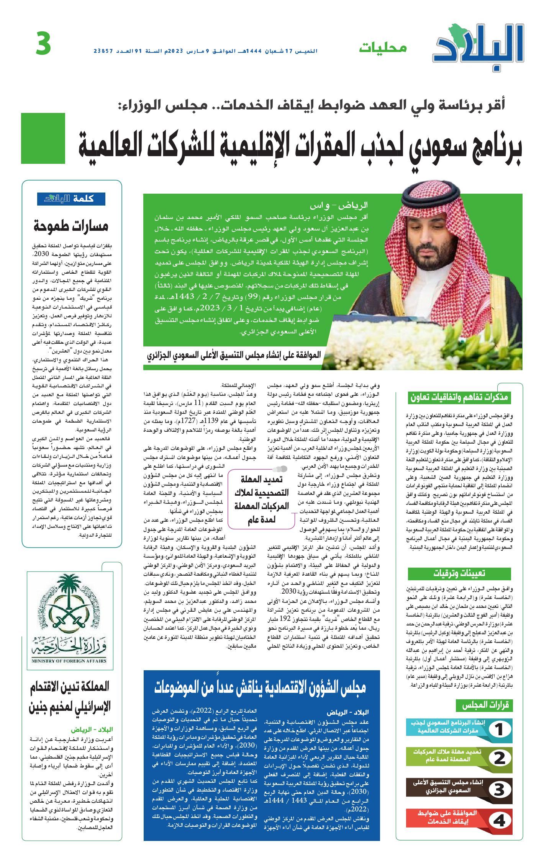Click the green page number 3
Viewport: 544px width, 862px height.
pos(43,44)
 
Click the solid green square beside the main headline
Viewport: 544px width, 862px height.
pos(43,138)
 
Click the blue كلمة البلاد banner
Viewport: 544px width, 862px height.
pos(71,199)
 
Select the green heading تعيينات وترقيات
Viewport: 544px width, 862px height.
pos(459,573)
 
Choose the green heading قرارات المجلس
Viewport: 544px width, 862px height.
pos(484,705)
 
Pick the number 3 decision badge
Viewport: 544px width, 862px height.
pos(499,790)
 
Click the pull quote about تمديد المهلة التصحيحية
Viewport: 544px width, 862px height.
pos(262,498)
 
